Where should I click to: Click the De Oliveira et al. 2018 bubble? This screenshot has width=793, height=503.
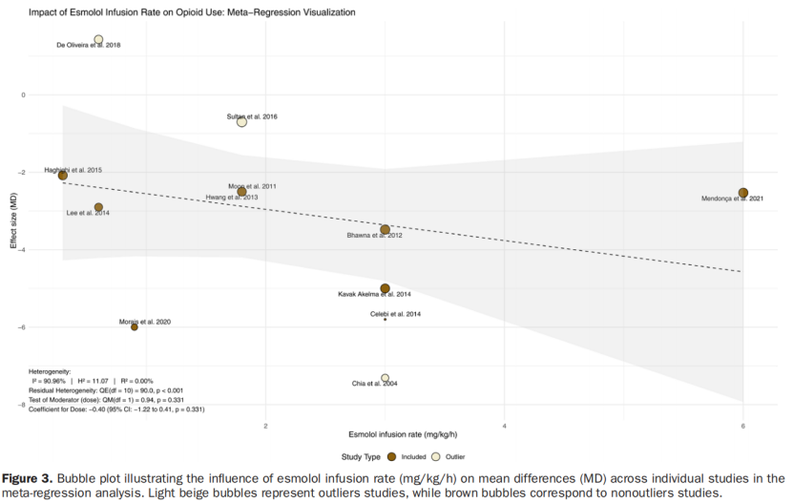98,39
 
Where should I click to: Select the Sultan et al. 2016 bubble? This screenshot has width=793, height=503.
241,121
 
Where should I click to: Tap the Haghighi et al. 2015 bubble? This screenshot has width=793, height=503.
63,176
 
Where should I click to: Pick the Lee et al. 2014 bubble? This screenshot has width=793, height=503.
98,207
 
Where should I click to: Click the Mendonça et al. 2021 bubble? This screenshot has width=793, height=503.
742,193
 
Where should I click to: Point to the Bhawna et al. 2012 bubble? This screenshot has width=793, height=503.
385,229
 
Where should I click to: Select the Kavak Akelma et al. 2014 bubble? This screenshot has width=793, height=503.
385,288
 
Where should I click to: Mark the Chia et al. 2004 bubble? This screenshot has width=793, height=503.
385,378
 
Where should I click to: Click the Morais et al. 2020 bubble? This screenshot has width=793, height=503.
135,327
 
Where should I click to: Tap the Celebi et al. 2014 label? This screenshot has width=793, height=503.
395,313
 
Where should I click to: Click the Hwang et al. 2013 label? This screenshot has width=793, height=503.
232,198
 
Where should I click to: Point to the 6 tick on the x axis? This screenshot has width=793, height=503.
742,425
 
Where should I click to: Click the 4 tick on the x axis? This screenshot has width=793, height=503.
504,425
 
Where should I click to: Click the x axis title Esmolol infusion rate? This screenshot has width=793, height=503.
393,435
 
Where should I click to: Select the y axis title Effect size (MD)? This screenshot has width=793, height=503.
13,220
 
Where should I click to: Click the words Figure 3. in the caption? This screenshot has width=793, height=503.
29,477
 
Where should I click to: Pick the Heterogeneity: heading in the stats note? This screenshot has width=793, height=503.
49,370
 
